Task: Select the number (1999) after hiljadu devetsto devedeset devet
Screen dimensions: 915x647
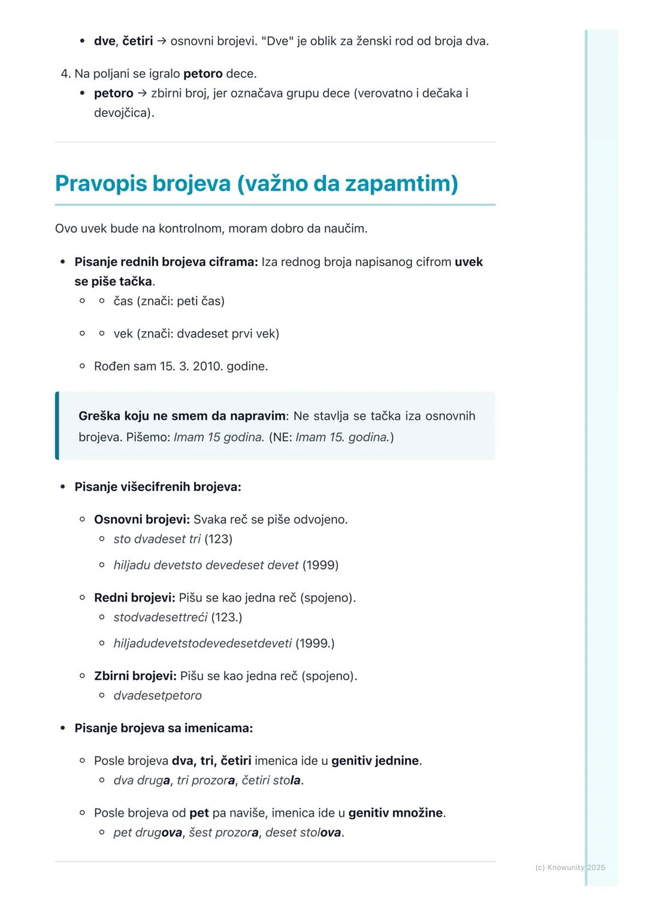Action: point(320,565)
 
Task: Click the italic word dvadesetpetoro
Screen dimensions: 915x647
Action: point(158,696)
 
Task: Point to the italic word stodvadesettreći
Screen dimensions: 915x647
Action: point(161,617)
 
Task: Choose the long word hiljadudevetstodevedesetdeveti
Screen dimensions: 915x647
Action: point(202,644)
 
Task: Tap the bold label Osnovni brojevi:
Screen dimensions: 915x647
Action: point(142,520)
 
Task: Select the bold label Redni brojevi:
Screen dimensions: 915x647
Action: point(135,598)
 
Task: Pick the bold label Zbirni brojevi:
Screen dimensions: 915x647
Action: point(135,676)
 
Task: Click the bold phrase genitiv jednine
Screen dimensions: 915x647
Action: point(375,761)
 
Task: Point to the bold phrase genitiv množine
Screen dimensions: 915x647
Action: point(395,813)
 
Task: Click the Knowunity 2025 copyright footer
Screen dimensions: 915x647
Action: point(570,868)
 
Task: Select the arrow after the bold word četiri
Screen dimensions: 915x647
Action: point(162,41)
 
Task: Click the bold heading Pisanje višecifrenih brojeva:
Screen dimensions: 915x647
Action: point(158,487)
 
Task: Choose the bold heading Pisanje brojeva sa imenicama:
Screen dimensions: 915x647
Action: point(164,729)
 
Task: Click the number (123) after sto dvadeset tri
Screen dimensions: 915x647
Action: point(218,540)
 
